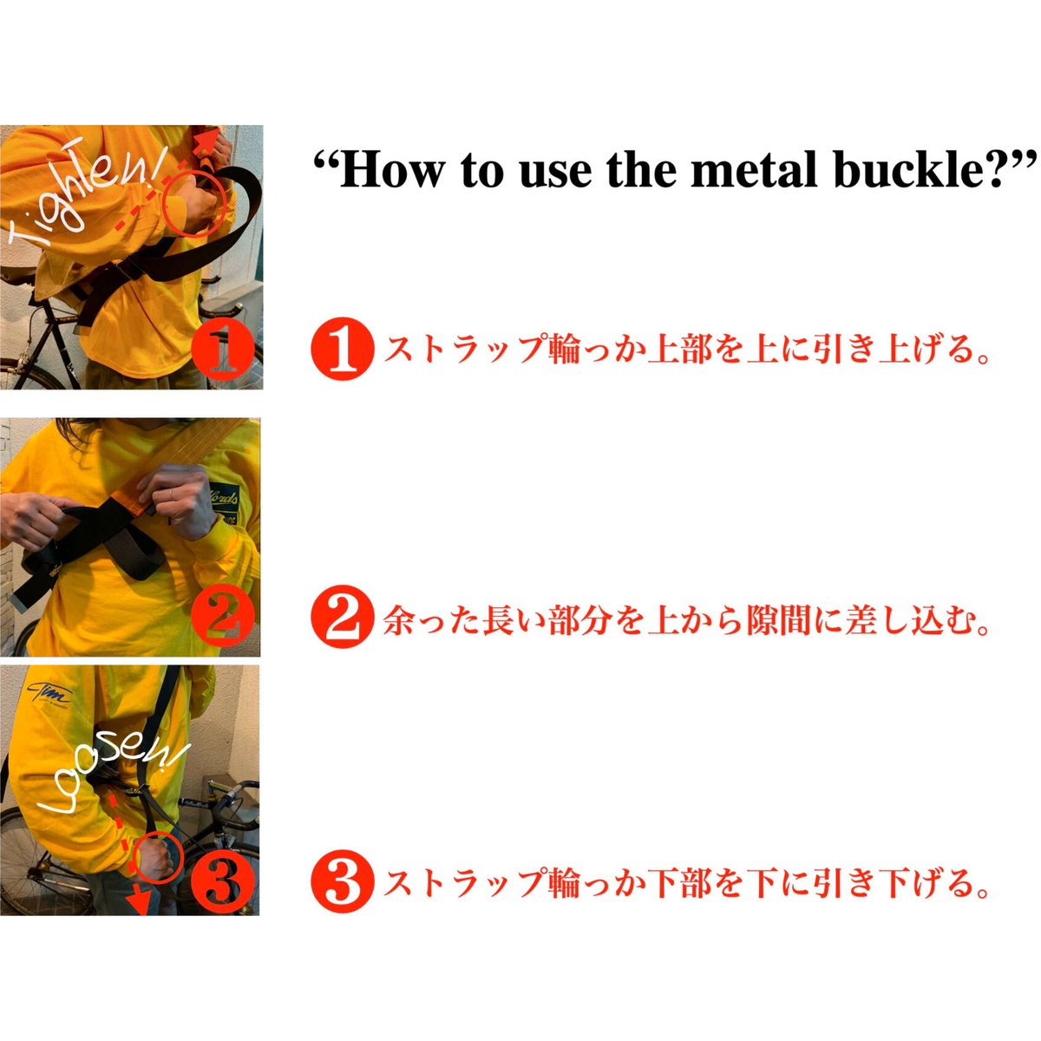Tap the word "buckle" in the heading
tap(908, 170)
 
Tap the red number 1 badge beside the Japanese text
tap(343, 349)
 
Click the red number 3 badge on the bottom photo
tap(223, 885)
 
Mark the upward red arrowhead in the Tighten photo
tap(208, 141)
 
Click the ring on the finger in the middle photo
tap(170, 492)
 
